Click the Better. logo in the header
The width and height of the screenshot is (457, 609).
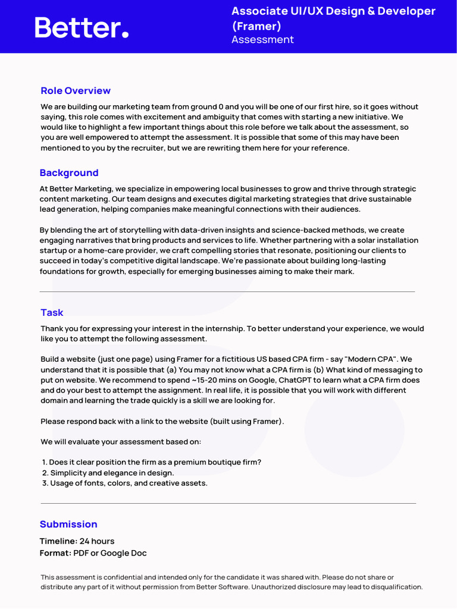pos(82,27)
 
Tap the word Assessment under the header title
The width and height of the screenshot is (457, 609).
pos(262,40)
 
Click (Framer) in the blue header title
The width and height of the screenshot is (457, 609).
pos(256,26)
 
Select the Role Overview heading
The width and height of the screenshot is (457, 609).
pos(76,90)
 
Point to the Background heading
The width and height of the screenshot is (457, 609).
pos(69,173)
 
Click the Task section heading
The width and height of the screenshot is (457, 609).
pos(52,313)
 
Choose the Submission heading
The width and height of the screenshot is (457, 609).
pos(68,525)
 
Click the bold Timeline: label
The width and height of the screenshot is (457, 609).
pos(58,541)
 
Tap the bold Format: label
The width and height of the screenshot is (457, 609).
pos(55,553)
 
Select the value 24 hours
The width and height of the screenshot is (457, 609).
pos(97,541)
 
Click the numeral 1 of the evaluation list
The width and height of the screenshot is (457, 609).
pos(44,462)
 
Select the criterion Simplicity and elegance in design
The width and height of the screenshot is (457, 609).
pos(112,473)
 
